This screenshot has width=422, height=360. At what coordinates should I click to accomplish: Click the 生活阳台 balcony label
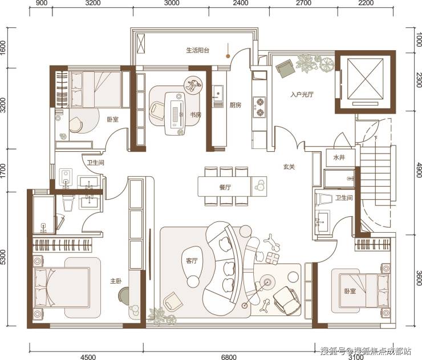tap(198, 50)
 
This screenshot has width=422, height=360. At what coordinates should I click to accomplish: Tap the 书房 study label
tap(196, 115)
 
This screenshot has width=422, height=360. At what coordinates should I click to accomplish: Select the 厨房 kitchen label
tap(236, 106)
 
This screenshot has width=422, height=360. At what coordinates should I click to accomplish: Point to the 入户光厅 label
tap(302, 95)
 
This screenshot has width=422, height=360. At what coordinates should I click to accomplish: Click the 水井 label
tap(339, 157)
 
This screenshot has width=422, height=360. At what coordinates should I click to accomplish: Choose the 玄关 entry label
tap(289, 167)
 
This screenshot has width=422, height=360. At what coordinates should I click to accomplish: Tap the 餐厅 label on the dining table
tap(225, 187)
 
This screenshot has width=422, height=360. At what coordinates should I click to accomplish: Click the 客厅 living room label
tap(192, 261)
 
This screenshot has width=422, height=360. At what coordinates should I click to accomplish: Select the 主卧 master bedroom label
tap(116, 281)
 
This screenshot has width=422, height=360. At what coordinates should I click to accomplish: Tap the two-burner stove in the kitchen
tap(259, 107)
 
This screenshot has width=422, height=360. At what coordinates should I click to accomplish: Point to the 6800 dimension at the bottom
tap(229, 357)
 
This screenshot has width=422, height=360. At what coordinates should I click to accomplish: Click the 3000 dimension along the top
tap(172, 3)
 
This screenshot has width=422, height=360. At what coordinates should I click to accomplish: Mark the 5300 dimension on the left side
tap(3, 257)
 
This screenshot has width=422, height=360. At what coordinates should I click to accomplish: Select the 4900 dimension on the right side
tap(419, 170)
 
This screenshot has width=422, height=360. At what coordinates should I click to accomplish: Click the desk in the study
tap(175, 114)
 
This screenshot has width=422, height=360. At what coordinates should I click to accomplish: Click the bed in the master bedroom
tap(62, 287)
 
